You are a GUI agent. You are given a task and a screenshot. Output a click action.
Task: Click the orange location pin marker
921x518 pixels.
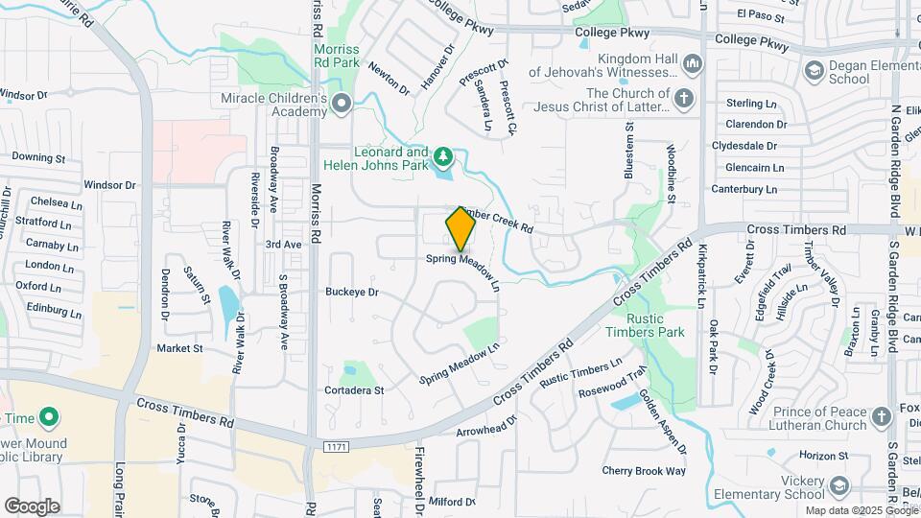(460, 228)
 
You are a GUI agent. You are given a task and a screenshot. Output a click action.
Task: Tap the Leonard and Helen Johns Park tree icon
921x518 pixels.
(442, 154)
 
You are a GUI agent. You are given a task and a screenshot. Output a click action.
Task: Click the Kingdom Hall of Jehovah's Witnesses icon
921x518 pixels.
(693, 65)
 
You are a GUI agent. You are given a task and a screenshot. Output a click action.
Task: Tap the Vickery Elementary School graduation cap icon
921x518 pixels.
(839, 486)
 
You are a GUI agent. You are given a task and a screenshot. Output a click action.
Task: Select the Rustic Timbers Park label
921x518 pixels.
(656, 325)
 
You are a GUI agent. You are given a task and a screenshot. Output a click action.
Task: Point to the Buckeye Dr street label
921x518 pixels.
(352, 292)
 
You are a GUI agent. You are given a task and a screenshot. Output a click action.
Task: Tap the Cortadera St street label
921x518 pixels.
(354, 390)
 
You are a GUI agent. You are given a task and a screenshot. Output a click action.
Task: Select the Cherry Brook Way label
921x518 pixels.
(644, 471)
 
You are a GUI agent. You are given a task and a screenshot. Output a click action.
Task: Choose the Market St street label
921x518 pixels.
(179, 348)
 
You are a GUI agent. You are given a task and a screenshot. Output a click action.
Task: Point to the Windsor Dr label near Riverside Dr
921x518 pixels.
(111, 183)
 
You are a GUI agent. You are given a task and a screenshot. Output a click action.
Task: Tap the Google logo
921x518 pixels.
(32, 506)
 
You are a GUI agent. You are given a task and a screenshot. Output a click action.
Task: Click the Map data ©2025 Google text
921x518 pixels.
(860, 510)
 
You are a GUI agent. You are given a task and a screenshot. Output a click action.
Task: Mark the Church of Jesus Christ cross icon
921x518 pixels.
(684, 99)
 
